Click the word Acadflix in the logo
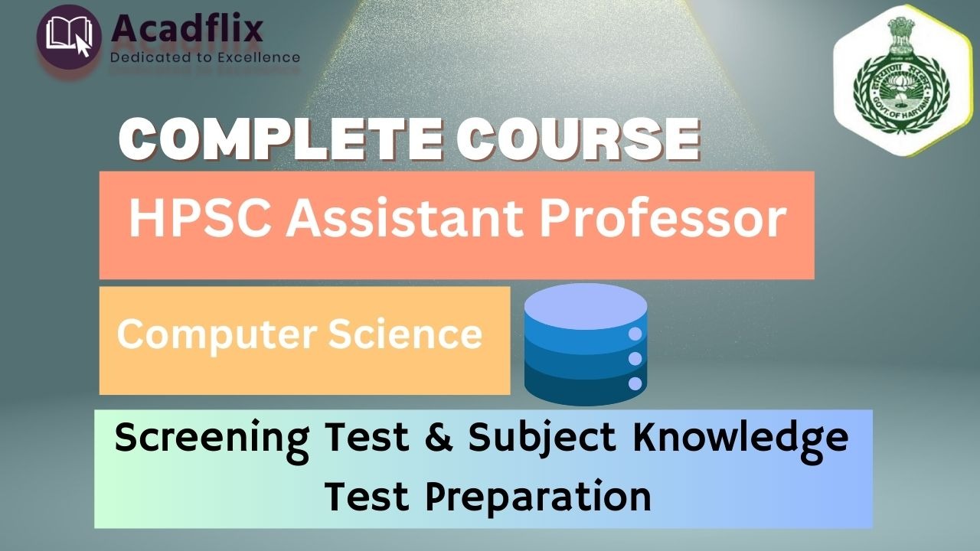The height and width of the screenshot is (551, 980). (188, 28)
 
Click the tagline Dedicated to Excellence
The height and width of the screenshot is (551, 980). (205, 57)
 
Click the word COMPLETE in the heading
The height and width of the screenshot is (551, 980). (280, 139)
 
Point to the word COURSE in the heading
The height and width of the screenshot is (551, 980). (577, 139)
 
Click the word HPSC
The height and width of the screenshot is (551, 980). (200, 219)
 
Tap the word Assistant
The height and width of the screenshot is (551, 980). (405, 219)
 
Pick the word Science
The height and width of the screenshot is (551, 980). (405, 334)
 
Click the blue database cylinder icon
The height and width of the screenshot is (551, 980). (586, 344)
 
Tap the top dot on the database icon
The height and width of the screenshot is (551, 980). (635, 334)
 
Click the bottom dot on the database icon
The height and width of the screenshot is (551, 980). (635, 383)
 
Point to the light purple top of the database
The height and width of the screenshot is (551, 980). (586, 306)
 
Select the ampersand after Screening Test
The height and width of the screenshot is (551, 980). (439, 436)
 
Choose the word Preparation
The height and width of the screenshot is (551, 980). (538, 497)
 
